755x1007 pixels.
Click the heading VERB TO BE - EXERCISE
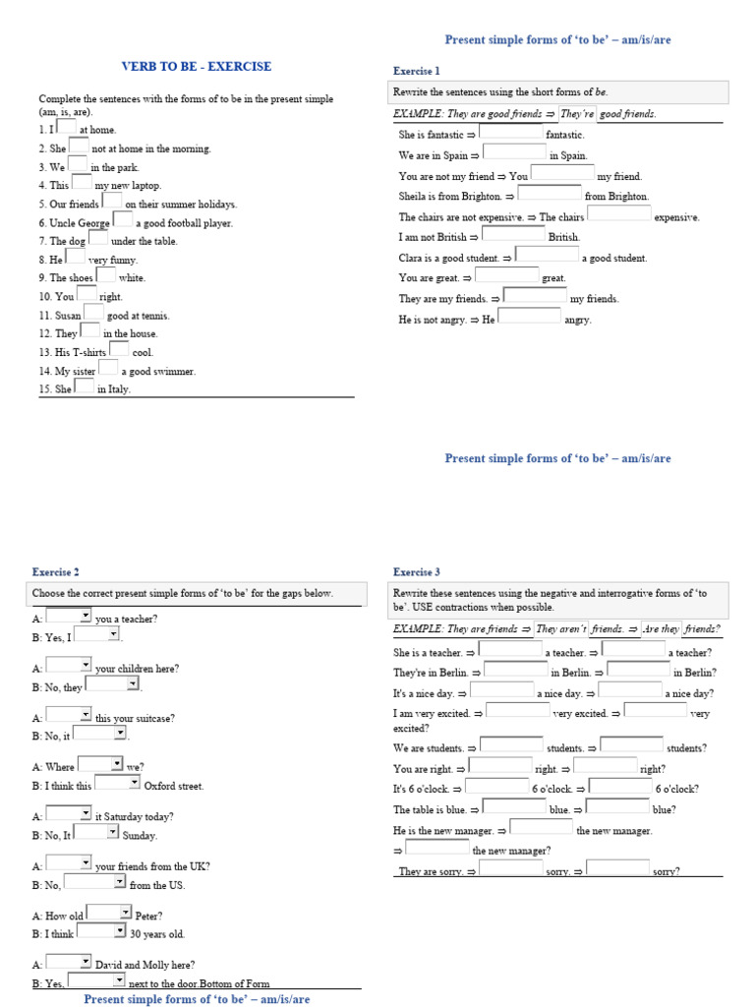[x=196, y=67]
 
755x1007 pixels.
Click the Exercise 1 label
[x=417, y=72]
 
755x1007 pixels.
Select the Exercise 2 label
[x=56, y=571]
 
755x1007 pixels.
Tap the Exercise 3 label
[x=417, y=571]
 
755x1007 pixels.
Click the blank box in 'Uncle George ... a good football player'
[x=123, y=219]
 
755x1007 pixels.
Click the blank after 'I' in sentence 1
[x=65, y=126]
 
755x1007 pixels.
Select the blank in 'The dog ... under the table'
[x=98, y=238]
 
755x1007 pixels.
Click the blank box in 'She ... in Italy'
[x=85, y=385]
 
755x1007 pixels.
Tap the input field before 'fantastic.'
[x=510, y=132]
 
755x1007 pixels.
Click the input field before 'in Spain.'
[x=514, y=152]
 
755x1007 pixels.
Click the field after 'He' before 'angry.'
[x=530, y=317]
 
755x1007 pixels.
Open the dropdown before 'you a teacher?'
[x=69, y=617]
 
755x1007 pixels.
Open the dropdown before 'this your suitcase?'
[x=69, y=715]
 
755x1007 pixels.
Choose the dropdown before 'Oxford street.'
[x=117, y=784]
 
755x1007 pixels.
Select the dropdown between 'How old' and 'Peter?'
[x=108, y=913]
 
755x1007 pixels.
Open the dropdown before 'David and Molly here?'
[x=69, y=963]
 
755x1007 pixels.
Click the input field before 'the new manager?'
[x=436, y=848]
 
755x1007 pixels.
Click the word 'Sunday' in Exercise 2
[x=140, y=835]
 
